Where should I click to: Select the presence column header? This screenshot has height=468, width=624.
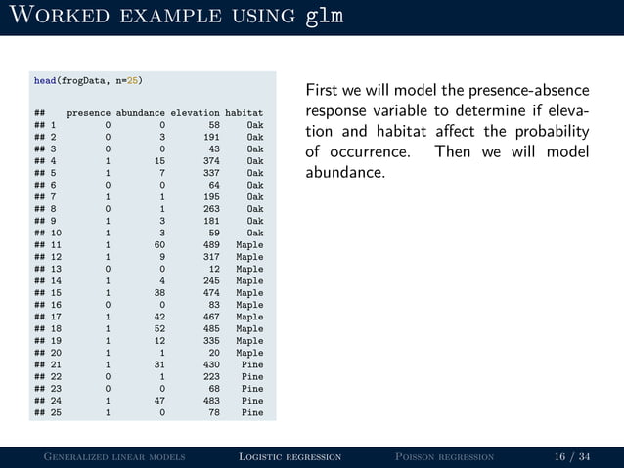pos(88,113)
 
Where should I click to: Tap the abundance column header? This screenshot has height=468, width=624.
pos(139,113)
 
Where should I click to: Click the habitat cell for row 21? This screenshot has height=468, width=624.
pos(252,364)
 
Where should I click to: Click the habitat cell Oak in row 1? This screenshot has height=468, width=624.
pos(254,125)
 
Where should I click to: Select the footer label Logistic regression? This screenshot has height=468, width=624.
pos(290,456)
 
